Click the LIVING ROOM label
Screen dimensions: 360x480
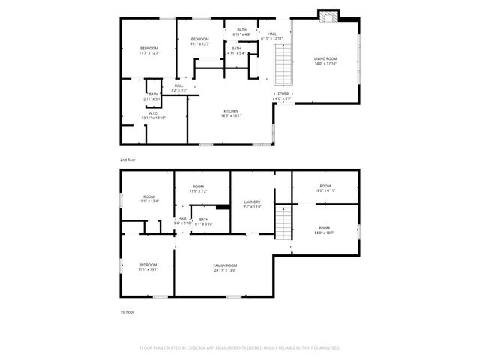click(x=325, y=59)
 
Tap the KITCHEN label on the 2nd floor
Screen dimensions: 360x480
click(x=230, y=112)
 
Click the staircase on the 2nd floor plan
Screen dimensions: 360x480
click(x=283, y=66)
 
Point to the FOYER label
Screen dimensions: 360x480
click(x=283, y=94)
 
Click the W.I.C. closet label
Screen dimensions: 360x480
click(x=152, y=114)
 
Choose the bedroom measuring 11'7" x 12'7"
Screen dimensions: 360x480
click(x=149, y=49)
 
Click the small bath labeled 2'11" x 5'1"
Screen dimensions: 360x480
click(x=153, y=95)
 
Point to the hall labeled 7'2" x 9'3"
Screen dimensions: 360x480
click(x=179, y=87)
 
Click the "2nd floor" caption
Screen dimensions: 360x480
click(x=127, y=160)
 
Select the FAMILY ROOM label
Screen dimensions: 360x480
click(x=225, y=266)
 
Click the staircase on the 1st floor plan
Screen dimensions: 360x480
click(x=282, y=223)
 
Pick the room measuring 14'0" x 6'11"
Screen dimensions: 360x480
click(x=325, y=187)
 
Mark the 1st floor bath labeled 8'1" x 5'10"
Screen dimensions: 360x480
click(x=204, y=221)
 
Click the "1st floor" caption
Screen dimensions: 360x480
click(x=127, y=311)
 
